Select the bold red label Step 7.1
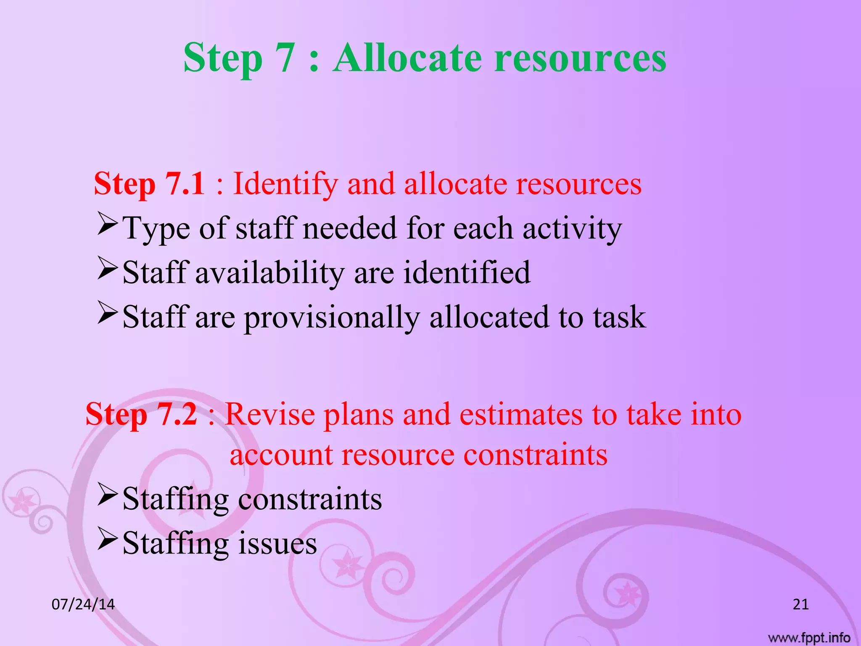(150, 183)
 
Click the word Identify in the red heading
(285, 184)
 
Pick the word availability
(269, 273)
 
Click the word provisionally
(332, 318)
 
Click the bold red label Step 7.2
(141, 414)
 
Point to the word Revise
(269, 414)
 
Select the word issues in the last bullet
(277, 543)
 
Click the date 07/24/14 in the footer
(83, 604)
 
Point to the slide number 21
(800, 604)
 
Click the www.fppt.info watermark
(809, 638)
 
